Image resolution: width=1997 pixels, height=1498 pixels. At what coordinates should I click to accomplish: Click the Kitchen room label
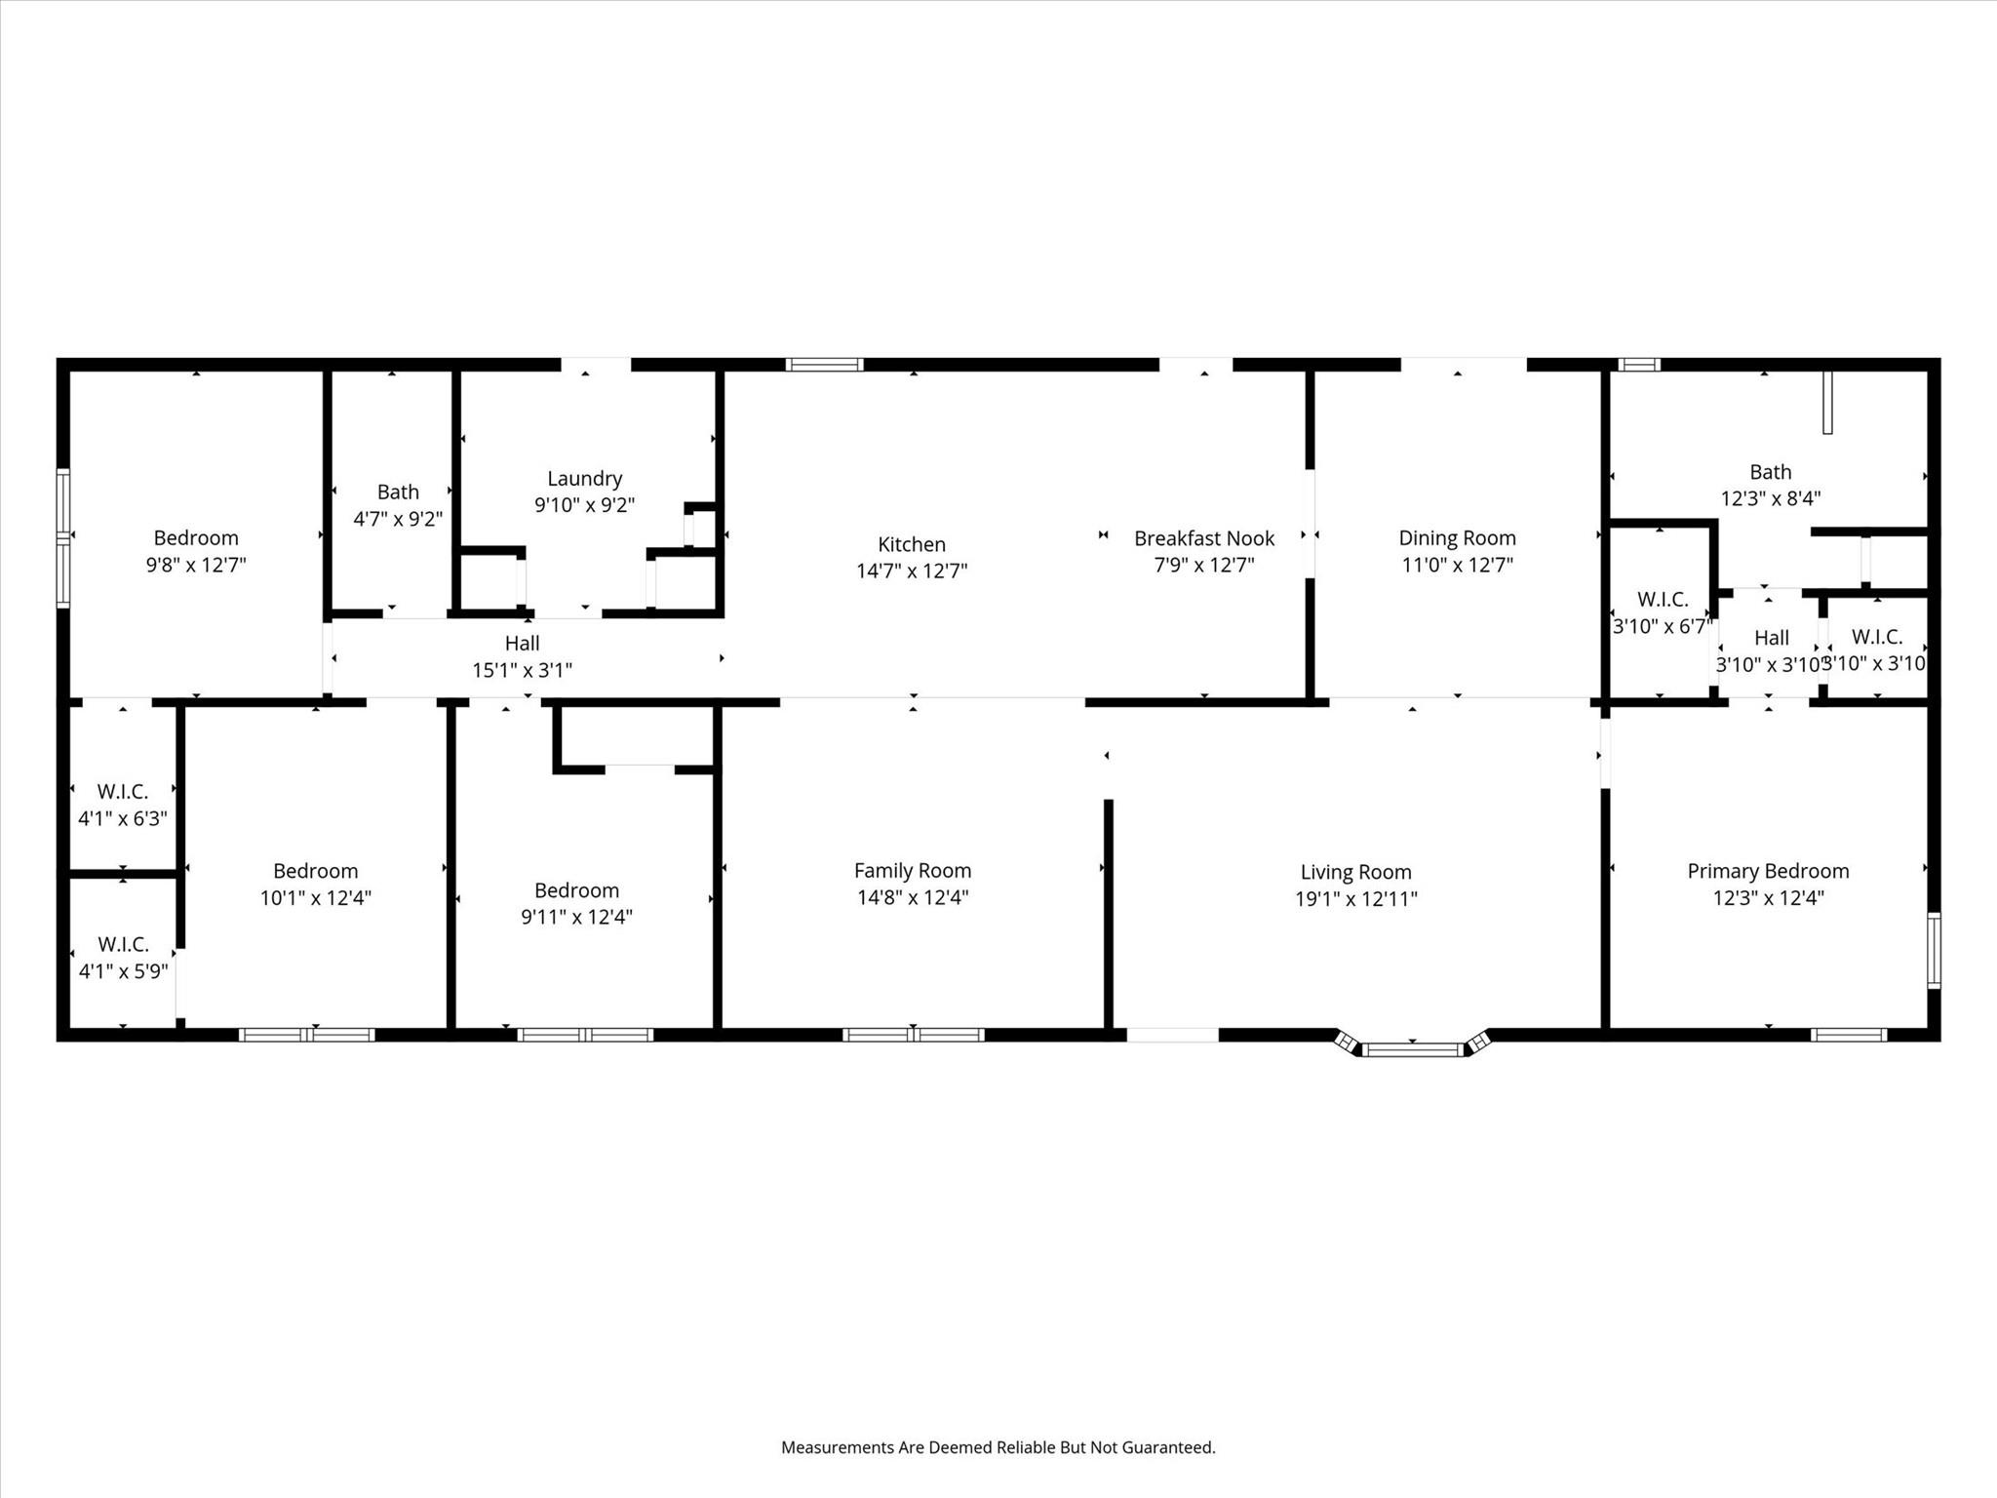tap(911, 544)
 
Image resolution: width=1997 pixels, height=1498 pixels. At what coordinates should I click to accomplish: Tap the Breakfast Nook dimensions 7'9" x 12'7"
tap(1203, 565)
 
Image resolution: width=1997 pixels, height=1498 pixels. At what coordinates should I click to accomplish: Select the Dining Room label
tap(1457, 537)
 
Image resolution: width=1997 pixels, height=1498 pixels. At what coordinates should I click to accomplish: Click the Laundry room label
tap(584, 478)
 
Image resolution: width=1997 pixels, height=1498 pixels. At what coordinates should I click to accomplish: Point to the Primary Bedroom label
tap(1768, 871)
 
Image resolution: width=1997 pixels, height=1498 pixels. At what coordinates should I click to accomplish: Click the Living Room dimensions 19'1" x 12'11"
tap(1355, 899)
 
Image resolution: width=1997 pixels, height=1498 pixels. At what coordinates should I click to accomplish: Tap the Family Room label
tap(912, 870)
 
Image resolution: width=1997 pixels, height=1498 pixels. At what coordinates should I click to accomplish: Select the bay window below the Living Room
tap(1413, 1049)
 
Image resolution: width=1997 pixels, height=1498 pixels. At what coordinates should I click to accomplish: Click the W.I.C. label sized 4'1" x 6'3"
tap(123, 791)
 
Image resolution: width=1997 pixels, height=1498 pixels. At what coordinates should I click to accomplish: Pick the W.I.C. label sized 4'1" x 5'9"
tap(123, 944)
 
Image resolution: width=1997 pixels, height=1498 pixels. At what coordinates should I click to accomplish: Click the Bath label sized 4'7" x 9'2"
tap(398, 492)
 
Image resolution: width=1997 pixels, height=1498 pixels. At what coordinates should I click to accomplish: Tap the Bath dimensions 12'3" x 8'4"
tap(1770, 498)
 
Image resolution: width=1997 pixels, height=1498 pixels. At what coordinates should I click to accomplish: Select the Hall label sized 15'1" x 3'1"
tap(522, 643)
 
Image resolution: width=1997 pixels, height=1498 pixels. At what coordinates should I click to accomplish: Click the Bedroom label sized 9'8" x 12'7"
tap(196, 537)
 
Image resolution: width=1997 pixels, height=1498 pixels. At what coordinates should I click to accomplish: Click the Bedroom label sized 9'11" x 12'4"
tap(576, 889)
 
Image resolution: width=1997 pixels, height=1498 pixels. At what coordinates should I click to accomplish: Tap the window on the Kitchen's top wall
tap(824, 365)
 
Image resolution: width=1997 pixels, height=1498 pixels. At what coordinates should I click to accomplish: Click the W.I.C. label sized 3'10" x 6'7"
tap(1662, 599)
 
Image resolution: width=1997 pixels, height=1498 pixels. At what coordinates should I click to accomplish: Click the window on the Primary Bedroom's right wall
tap(1934, 950)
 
